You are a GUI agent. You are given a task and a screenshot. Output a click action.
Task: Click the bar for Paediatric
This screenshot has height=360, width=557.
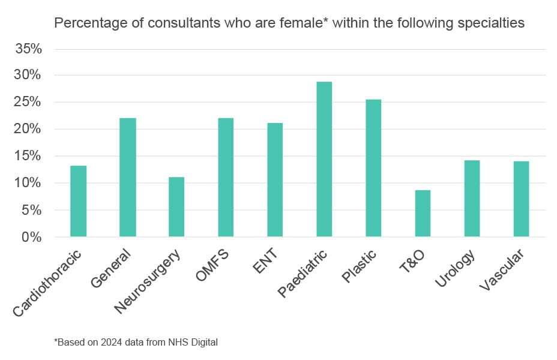coord(324,159)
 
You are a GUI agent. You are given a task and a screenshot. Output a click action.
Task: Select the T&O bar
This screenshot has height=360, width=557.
coord(423,213)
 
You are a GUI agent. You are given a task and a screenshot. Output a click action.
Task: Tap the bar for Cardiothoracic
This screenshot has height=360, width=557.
coord(78,201)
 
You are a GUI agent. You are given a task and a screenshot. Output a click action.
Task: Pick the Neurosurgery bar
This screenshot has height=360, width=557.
coord(176,206)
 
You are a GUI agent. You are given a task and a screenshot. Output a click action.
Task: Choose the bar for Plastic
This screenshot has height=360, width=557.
coord(373,168)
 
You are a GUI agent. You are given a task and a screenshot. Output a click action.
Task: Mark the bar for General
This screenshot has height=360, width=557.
coord(127,177)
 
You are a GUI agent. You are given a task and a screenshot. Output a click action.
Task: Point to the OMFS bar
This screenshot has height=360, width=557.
coord(226,177)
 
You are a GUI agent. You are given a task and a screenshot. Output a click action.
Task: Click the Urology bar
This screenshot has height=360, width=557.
coord(472,198)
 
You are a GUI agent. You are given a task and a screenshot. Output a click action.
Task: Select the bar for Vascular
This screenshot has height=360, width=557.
coord(521,199)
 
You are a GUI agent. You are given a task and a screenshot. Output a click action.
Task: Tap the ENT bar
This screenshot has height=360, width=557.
coord(275,179)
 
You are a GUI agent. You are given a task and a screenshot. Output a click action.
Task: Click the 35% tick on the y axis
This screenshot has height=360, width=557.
coord(28,49)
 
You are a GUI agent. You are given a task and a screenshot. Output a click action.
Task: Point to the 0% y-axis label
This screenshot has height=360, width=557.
coord(32,237)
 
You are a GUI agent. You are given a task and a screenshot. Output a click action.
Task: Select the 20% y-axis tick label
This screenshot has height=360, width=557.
coord(28,129)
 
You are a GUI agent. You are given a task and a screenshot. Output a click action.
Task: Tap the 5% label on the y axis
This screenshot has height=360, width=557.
coord(32,210)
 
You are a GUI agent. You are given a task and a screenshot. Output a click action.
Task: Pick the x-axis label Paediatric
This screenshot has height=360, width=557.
coord(303,274)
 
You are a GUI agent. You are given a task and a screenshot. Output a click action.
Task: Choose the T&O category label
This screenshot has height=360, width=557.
coord(412,262)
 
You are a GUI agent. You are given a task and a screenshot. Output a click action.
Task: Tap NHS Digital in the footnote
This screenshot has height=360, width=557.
coord(194,343)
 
